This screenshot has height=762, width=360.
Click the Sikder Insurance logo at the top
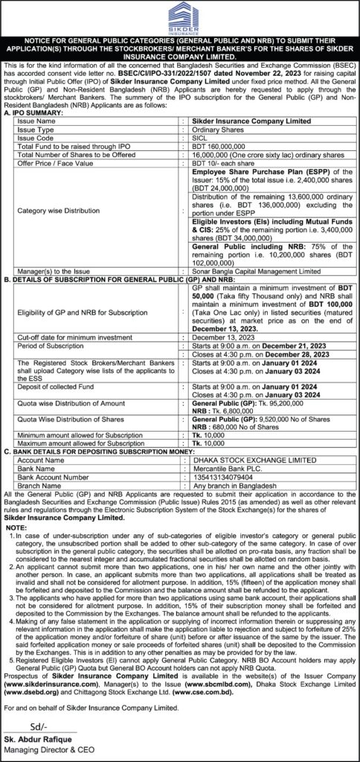pyautogui.click(x=179, y=17)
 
